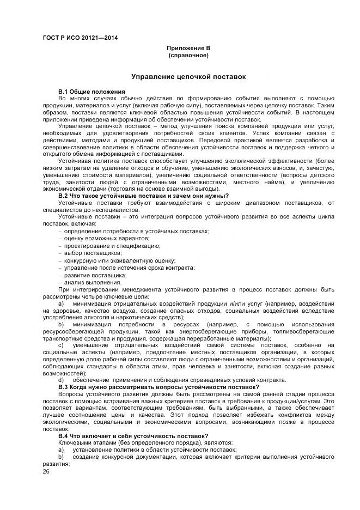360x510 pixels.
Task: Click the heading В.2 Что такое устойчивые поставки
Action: pos(143,195)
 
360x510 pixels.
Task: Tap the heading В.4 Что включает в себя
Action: pos(148,435)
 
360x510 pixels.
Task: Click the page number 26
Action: pos(46,472)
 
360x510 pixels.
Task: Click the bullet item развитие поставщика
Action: pos(91,275)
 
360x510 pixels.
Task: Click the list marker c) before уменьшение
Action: pos(61,345)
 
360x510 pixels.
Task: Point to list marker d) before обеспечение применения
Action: pos(61,380)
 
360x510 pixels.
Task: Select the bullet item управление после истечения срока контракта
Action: pos(129,267)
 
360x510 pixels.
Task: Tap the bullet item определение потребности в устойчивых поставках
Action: pos(136,231)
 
